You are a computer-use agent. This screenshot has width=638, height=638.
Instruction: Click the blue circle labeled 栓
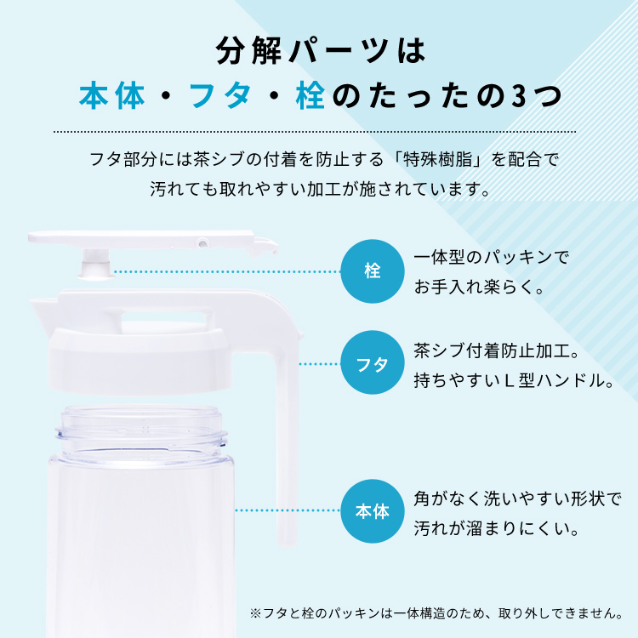pyautogui.click(x=373, y=271)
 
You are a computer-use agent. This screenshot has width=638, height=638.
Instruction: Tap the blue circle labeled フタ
pyautogui.click(x=373, y=363)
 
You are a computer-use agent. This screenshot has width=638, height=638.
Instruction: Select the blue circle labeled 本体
pyautogui.click(x=373, y=511)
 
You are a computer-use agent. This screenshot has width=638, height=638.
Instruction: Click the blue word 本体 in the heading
pyautogui.click(x=112, y=96)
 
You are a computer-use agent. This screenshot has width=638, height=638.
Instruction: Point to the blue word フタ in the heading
pyautogui.click(x=220, y=96)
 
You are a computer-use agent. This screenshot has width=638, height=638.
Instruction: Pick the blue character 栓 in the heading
pyautogui.click(x=310, y=96)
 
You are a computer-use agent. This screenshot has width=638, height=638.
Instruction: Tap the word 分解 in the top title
pyautogui.click(x=249, y=50)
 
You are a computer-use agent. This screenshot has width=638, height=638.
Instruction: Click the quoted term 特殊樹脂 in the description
pyautogui.click(x=438, y=159)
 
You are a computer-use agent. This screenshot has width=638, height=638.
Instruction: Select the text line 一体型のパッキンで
pyautogui.click(x=491, y=258)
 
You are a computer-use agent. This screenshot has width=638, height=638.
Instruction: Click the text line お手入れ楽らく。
pyautogui.click(x=479, y=288)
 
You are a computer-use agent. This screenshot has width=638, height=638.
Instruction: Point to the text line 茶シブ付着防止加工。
pyautogui.click(x=497, y=350)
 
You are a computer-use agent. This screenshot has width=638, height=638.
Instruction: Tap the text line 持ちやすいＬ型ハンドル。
pyautogui.click(x=514, y=381)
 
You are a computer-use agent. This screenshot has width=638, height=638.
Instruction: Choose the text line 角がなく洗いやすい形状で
pyautogui.click(x=517, y=498)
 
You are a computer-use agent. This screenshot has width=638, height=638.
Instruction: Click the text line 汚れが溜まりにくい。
pyautogui.click(x=497, y=528)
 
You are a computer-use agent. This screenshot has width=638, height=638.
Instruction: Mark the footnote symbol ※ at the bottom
pyautogui.click(x=255, y=613)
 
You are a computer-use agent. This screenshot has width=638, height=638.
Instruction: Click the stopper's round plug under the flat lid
pyautogui.click(x=95, y=265)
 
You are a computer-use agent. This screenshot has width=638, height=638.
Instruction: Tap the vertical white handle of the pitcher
pyautogui.click(x=287, y=447)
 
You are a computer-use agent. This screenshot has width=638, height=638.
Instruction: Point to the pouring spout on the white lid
pyautogui.click(x=43, y=310)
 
